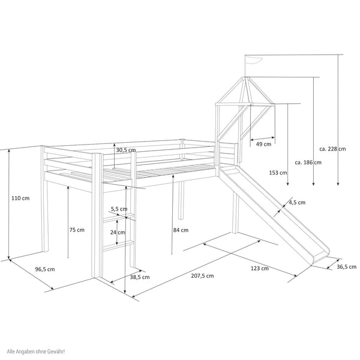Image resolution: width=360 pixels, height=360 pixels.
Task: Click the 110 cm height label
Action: [x=20, y=199]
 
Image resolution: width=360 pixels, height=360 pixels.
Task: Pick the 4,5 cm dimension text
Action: [x=297, y=202]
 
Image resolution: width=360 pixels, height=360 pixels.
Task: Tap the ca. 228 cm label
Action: [x=332, y=149]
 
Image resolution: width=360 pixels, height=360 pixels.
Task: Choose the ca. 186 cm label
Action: [x=308, y=162]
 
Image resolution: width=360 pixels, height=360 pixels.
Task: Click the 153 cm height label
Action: [x=278, y=173]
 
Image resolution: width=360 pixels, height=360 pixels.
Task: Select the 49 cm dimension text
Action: [x=263, y=144]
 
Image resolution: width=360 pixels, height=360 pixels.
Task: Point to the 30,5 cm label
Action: [x=126, y=150]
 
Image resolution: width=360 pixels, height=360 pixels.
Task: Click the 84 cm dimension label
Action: [x=181, y=230]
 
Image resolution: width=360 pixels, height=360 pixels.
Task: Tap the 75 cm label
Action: [x=76, y=230]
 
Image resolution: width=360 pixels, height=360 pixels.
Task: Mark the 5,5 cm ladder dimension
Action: [x=119, y=209]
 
